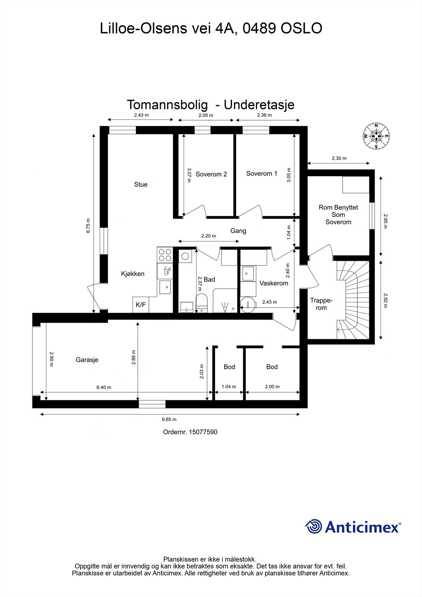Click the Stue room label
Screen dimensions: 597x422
pyautogui.click(x=141, y=184)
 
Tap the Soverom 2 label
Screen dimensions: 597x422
pyautogui.click(x=211, y=174)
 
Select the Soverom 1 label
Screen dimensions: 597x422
pyautogui.click(x=262, y=174)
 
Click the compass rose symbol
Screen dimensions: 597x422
pyautogui.click(x=376, y=136)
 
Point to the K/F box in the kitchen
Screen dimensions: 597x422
pyautogui.click(x=141, y=305)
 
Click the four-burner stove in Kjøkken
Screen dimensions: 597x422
pyautogui.click(x=165, y=254)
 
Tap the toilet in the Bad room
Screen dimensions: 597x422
pyautogui.click(x=201, y=302)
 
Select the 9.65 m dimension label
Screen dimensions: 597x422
pyautogui.click(x=169, y=419)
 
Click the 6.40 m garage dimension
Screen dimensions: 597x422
pyautogui.click(x=104, y=387)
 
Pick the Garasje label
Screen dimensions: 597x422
pyautogui.click(x=87, y=360)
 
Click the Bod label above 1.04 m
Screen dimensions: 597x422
pyautogui.click(x=229, y=367)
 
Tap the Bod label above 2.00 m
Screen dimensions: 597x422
pyautogui.click(x=272, y=367)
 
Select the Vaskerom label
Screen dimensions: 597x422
pyautogui.click(x=274, y=283)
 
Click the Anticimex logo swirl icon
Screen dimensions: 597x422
pyautogui.click(x=313, y=527)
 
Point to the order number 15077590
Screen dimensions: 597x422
pyautogui.click(x=203, y=432)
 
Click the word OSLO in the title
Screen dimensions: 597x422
pyautogui.click(x=301, y=28)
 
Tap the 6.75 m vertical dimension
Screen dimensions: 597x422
pyautogui.click(x=88, y=226)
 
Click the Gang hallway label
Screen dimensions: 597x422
pyautogui.click(x=238, y=231)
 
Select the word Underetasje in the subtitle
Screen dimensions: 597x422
pyautogui.click(x=259, y=105)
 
